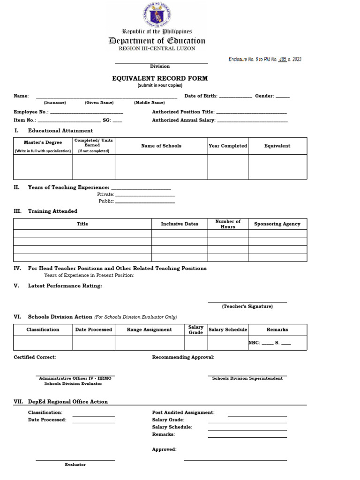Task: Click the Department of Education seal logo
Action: tap(157, 14)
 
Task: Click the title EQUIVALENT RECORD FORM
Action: tap(160, 78)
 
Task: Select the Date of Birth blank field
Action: tap(235, 97)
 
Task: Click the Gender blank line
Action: tap(283, 97)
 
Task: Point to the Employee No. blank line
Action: tap(86, 112)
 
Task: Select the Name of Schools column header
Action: tap(161, 146)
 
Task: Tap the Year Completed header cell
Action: tap(228, 146)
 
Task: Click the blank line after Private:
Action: tap(145, 195)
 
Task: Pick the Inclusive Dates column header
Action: tap(180, 224)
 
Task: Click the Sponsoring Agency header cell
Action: tap(277, 224)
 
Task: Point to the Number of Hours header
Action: tap(228, 224)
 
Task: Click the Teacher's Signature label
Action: tap(247, 306)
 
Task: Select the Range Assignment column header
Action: tap(149, 330)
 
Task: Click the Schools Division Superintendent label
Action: tap(247, 378)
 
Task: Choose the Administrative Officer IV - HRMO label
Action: tap(75, 378)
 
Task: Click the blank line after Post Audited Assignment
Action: tap(257, 414)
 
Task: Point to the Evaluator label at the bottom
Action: tap(75, 465)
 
